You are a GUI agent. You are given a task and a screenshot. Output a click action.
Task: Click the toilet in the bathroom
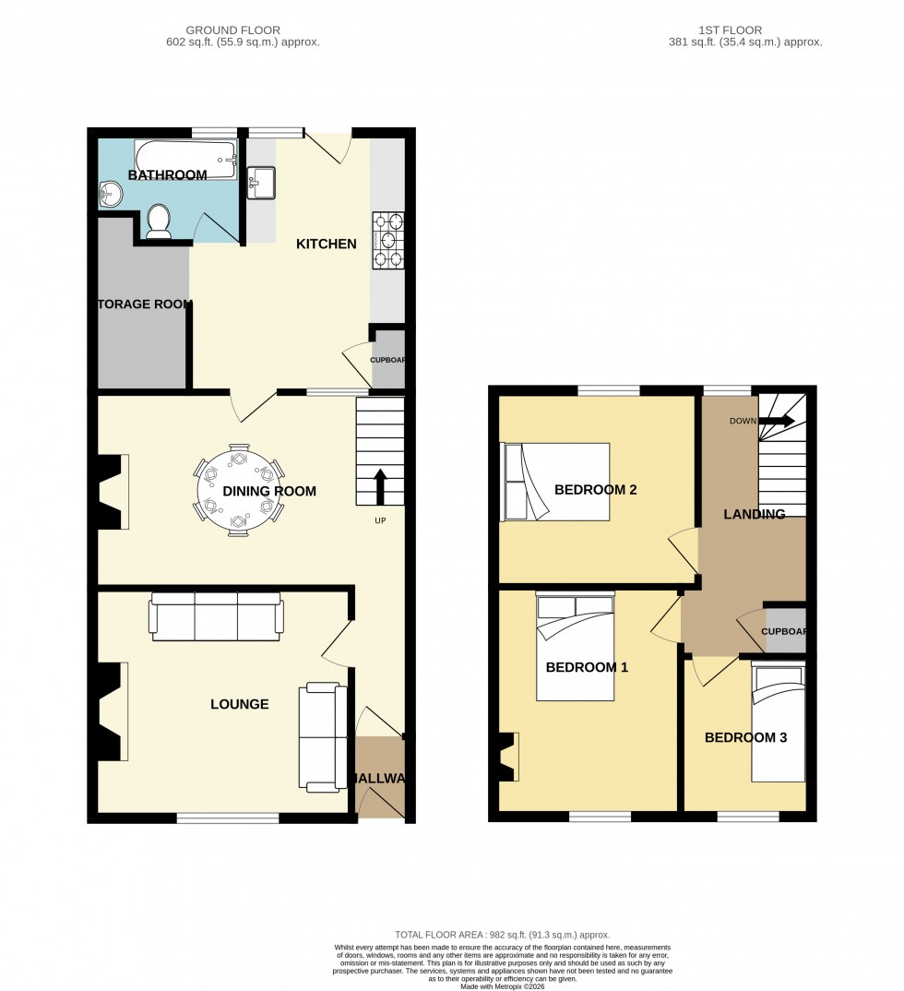tap(159, 221)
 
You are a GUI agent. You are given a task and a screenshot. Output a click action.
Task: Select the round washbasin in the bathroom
tap(111, 193)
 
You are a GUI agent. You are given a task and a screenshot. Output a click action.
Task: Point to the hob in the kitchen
tap(388, 240)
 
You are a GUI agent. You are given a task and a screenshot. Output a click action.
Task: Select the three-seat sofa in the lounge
tap(217, 617)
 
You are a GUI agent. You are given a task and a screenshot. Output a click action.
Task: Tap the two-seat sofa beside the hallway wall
tap(319, 737)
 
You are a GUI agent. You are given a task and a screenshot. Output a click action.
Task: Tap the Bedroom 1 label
tap(587, 666)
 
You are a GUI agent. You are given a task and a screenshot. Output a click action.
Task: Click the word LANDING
tap(754, 514)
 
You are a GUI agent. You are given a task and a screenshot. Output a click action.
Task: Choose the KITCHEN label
tap(326, 245)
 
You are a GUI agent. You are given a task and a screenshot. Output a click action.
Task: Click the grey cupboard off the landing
tap(785, 631)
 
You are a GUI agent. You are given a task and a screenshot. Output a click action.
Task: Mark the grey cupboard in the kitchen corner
tap(388, 361)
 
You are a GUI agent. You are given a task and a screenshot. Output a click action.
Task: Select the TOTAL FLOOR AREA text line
tap(503, 935)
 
